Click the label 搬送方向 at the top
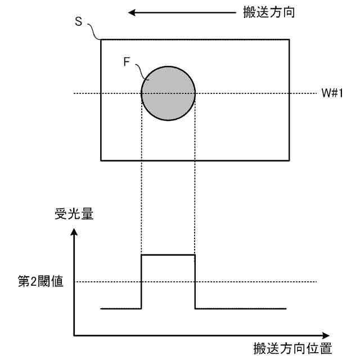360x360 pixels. (x=266, y=11)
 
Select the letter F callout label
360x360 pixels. (x=127, y=62)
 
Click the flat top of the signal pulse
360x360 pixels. (x=168, y=255)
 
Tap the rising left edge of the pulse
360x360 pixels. (x=141, y=281)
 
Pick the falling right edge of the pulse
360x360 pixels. (x=195, y=281)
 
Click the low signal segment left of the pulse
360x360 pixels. (x=120, y=308)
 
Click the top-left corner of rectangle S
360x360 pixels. (x=101, y=39)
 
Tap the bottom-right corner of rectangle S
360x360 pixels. (x=290, y=160)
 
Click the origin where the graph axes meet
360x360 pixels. (x=74, y=336)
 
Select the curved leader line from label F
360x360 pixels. (x=139, y=70)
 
